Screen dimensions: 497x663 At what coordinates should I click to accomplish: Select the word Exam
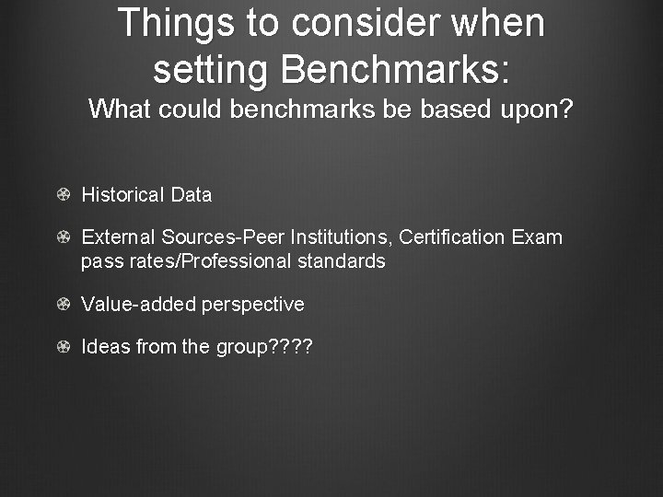(x=537, y=237)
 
